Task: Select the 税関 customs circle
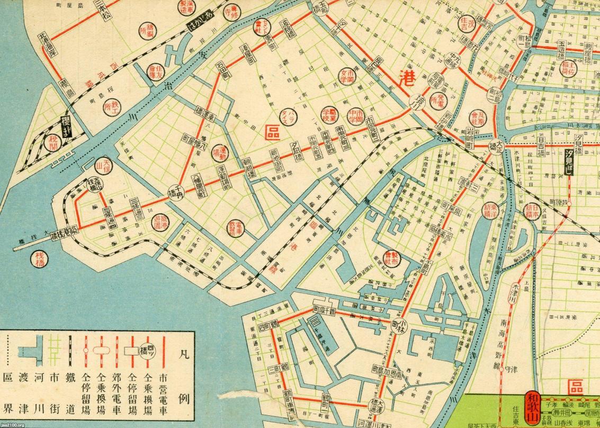[53, 142]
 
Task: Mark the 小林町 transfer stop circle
[400, 327]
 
